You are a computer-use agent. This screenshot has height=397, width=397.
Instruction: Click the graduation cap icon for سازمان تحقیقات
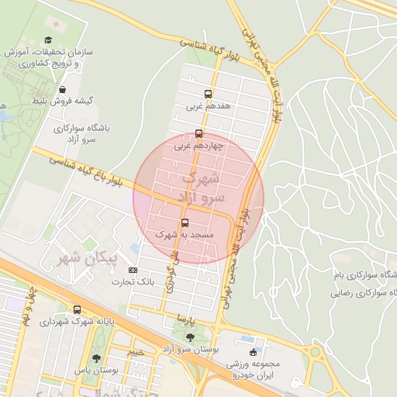pos(47,40)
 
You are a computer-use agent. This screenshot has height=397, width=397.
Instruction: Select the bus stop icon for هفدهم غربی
pos(206,94)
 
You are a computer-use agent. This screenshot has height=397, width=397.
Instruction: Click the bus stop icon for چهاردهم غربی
pos(199,133)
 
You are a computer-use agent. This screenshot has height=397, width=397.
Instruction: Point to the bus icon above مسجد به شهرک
pos(185,223)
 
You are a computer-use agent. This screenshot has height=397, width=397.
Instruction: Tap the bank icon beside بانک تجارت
pos(133,270)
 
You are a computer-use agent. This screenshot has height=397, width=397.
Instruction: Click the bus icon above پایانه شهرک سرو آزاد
pos(77,309)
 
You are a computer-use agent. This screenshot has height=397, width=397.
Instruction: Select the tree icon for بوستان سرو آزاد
pos(190,337)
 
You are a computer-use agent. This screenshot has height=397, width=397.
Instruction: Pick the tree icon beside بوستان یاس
pos(96,359)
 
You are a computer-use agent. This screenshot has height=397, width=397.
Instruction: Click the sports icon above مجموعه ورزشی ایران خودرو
pos(253,353)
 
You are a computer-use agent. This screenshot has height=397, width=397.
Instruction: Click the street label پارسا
pos(185,316)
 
